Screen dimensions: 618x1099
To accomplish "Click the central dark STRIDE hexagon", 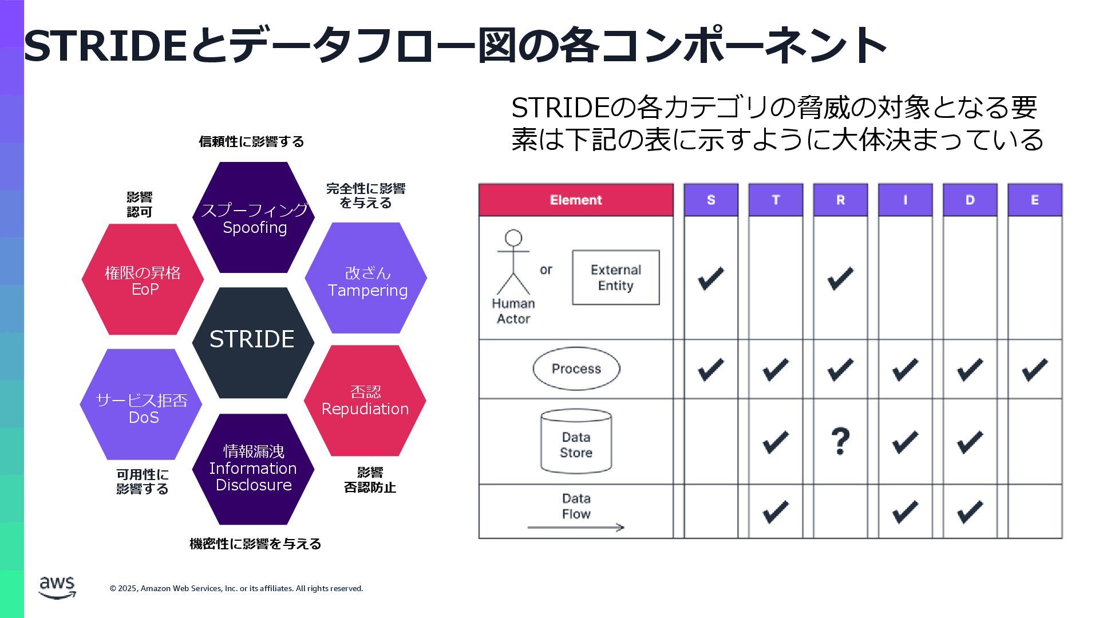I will (252, 342).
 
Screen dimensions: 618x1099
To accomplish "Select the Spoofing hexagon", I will (254, 218).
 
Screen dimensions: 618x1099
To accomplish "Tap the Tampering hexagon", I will (366, 279).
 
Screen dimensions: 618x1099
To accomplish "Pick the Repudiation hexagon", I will (365, 401).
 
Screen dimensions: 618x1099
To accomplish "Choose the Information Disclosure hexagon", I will (252, 469).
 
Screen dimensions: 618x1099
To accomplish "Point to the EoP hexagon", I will (143, 280).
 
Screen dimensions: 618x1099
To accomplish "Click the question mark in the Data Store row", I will (840, 441).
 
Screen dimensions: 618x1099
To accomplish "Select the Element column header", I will (576, 200).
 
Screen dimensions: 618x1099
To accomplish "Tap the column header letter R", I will (840, 200).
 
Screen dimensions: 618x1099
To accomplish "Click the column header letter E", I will (1034, 200).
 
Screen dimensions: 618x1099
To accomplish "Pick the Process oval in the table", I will (576, 369).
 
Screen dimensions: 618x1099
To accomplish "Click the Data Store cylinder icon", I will (576, 441).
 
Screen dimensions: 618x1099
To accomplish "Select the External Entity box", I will (616, 278).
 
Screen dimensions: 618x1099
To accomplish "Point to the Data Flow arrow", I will (576, 527).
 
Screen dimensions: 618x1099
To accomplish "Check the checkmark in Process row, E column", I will (1034, 370).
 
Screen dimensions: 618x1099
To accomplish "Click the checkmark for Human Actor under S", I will (711, 278).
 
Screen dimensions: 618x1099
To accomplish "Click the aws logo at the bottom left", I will (57, 587).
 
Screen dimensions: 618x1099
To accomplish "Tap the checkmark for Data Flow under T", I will (776, 511).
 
